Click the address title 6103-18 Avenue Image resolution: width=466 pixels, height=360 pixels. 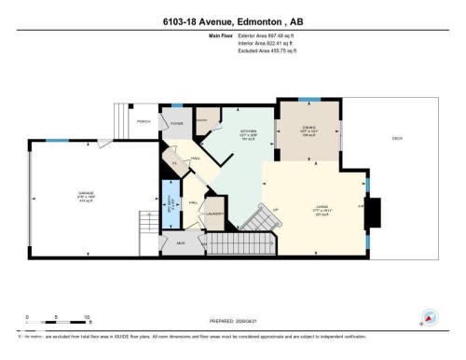(232, 11)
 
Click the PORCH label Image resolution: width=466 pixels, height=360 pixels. (144, 122)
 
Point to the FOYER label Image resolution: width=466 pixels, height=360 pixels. (177, 124)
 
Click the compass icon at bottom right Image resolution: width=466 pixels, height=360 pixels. (430, 318)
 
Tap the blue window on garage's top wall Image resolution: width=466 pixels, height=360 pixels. (58, 141)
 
